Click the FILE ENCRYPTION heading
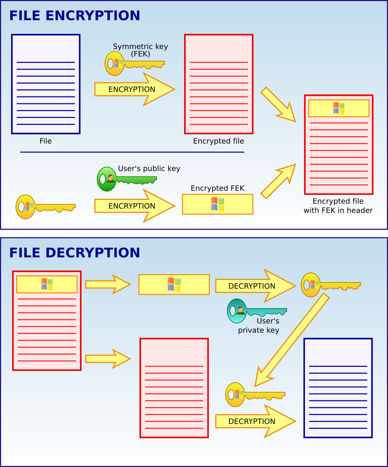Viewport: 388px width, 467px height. coord(75,16)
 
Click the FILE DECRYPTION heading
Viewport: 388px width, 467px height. coord(75,253)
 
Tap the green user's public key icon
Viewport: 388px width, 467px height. coord(127,179)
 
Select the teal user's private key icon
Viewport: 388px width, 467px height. coord(257,311)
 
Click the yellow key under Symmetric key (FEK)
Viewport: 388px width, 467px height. coord(135,63)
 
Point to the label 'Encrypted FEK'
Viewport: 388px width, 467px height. coord(217,188)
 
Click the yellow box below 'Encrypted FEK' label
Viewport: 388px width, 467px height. coord(218,204)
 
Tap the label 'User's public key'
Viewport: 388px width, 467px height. coord(149,168)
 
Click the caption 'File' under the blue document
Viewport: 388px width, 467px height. coord(46,141)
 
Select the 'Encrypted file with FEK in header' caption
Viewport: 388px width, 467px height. coord(338,206)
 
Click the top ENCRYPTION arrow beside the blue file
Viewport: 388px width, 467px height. coord(134,89)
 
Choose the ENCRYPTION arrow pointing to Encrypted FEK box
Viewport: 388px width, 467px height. coord(134,206)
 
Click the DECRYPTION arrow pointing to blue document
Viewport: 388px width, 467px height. coord(256,421)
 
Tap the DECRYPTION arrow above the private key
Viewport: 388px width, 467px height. coord(256,286)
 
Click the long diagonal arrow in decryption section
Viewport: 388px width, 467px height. coord(292,340)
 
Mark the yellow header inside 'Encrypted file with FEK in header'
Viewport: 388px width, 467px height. coord(339,108)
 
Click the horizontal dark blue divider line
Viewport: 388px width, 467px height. coord(132,152)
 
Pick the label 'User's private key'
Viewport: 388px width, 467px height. coord(259,325)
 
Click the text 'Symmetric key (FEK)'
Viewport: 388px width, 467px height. coord(140,50)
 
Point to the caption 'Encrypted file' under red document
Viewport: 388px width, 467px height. coord(219,141)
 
